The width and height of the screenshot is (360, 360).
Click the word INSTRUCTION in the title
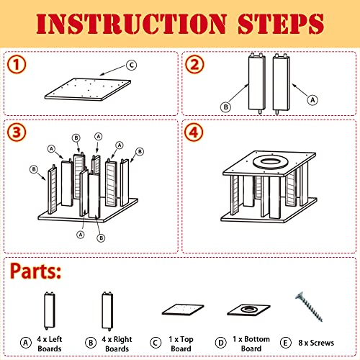131,24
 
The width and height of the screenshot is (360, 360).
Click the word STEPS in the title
281,24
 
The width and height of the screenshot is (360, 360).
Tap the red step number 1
17,65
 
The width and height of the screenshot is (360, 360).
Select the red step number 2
194,65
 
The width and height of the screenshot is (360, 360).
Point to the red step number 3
17,132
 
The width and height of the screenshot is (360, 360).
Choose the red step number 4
194,132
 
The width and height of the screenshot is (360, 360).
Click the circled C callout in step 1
132,65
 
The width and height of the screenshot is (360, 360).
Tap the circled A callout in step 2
312,100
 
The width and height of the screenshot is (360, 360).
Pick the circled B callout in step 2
225,107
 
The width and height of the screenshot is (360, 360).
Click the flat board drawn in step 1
88,89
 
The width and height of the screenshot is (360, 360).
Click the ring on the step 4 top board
269,162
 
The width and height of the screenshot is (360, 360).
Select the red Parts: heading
35,271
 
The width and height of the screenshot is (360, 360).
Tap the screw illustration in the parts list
310,307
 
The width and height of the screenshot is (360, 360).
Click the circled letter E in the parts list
285,343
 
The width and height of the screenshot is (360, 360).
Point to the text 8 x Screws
316,343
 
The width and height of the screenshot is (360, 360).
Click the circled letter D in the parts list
220,343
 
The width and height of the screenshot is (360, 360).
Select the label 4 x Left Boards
50,344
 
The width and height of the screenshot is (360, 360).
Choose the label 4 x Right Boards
117,344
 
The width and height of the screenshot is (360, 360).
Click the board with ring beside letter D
249,310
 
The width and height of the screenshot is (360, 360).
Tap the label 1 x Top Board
181,344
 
